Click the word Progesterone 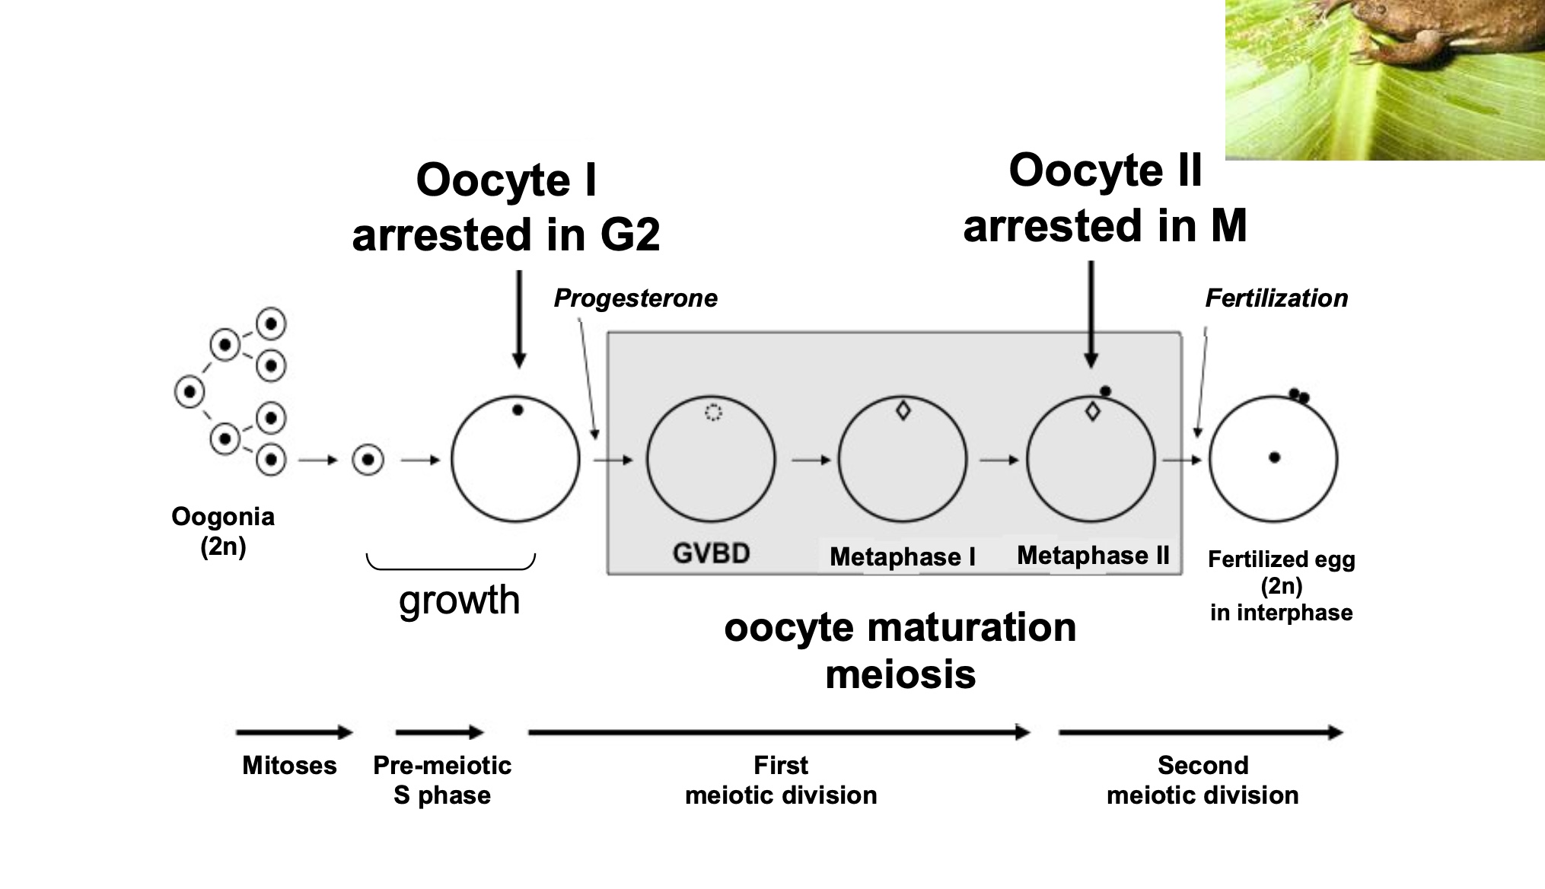point(635,298)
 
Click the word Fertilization point(1276,298)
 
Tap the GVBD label point(711,553)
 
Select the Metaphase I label point(902,556)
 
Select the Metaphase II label point(1092,555)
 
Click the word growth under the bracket point(459,600)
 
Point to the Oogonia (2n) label point(222,531)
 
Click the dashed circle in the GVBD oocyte point(712,412)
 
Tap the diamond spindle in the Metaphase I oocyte point(903,410)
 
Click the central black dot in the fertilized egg point(1274,457)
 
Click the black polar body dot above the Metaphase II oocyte point(1105,391)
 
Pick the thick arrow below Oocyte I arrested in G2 point(519,320)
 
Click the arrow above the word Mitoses point(294,732)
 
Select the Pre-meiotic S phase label point(441,779)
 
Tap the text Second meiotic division point(1202,779)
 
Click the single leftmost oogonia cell point(190,392)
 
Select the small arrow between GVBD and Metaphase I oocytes point(811,460)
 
